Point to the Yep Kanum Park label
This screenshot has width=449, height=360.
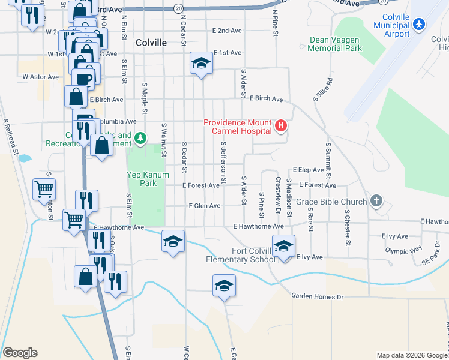click(148, 179)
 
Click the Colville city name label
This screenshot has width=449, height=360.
click(151, 43)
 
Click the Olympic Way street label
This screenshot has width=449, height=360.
click(404, 251)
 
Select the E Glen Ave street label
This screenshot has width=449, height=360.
click(205, 206)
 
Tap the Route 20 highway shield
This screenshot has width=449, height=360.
click(178, 8)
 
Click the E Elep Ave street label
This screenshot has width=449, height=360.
click(308, 170)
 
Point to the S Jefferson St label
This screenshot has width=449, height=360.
click(223, 162)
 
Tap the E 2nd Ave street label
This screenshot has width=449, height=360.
click(227, 31)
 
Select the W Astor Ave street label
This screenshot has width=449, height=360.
click(41, 77)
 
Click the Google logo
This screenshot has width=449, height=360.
click(20, 353)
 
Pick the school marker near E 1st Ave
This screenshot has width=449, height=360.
click(201, 63)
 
